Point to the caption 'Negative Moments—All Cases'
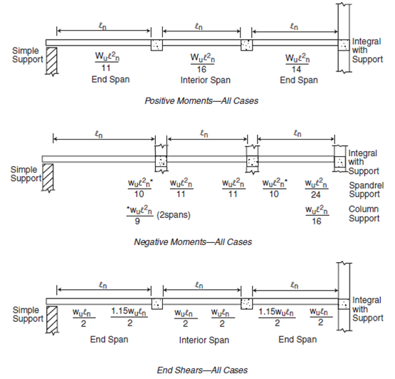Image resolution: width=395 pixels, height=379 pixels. pyautogui.click(x=192, y=242)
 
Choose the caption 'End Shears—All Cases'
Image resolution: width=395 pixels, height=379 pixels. pyautogui.click(x=202, y=370)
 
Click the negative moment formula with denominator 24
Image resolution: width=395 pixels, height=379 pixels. pyautogui.click(x=317, y=189)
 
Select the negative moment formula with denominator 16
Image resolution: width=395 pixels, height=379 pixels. pyautogui.click(x=317, y=215)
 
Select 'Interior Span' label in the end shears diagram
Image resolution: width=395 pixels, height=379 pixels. pyautogui.click(x=201, y=339)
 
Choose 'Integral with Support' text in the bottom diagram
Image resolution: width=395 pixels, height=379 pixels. pyautogui.click(x=367, y=308)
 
